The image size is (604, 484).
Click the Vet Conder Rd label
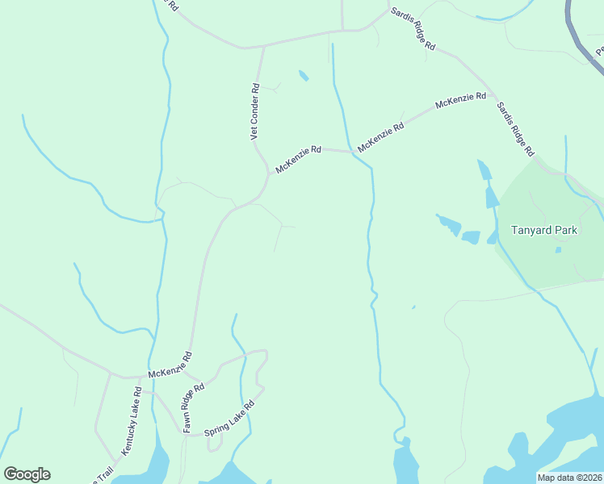pos(254,113)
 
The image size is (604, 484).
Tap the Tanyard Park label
pos(544,230)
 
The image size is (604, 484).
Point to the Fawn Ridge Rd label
pos(193,407)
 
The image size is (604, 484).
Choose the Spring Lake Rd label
pos(229,417)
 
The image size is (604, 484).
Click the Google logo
pos(27,474)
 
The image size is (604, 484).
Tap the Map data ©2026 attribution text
pos(570,478)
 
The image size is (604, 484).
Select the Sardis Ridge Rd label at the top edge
pos(413,30)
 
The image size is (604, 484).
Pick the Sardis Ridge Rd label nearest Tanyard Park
pos(515,128)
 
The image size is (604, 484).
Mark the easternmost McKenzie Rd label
pos(460,101)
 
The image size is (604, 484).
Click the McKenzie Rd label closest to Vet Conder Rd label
pos(299,159)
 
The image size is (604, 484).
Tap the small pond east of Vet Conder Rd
pos(304,76)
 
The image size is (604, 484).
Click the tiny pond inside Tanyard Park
pos(558,250)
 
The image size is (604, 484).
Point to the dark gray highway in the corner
pos(579,36)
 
